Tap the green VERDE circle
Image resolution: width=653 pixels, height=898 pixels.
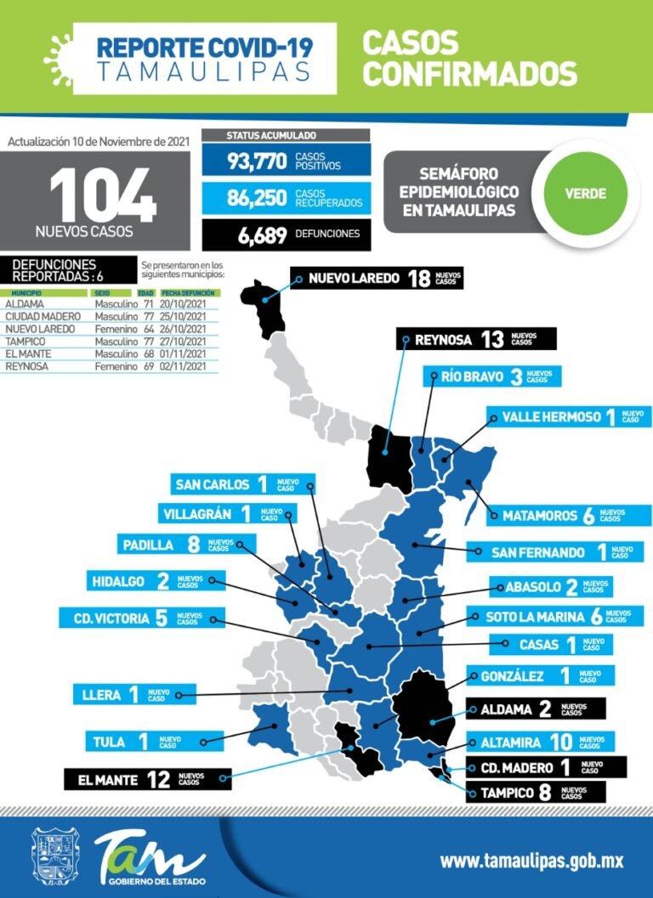click(x=585, y=193)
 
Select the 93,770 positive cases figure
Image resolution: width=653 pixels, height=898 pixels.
click(x=257, y=161)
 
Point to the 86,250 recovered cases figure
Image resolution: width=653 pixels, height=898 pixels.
click(x=257, y=198)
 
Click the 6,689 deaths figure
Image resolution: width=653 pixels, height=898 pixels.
click(x=262, y=235)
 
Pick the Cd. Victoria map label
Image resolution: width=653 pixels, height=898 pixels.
click(x=141, y=618)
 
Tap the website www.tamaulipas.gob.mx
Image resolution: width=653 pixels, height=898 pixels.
click(x=531, y=861)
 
